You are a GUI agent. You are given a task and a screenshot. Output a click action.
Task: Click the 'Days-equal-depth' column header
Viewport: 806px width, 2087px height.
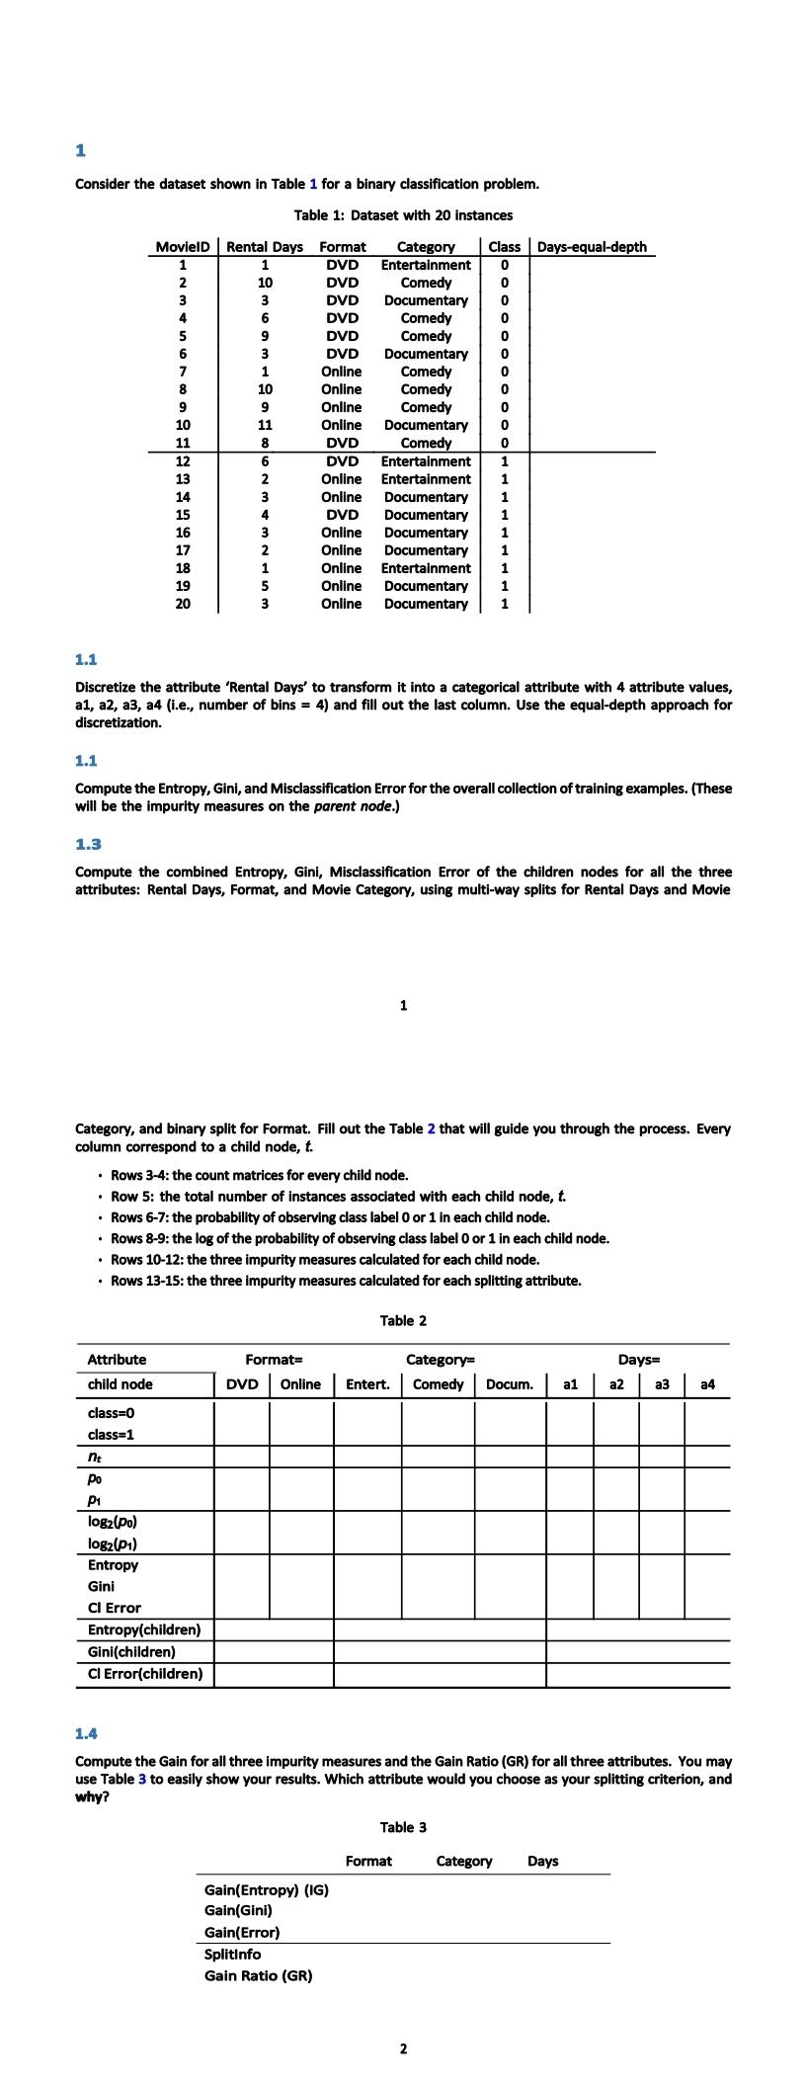coord(592,247)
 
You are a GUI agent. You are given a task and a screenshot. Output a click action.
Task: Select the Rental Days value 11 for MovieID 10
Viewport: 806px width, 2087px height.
coord(265,425)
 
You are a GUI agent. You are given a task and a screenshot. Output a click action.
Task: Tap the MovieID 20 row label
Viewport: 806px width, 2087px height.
coord(183,604)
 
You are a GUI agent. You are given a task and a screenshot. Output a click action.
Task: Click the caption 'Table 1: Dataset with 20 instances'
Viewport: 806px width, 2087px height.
coord(403,214)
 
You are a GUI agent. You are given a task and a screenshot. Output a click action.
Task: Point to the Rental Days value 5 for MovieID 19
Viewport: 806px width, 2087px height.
coord(265,586)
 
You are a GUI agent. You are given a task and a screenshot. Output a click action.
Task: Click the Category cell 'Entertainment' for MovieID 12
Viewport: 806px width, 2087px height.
coord(426,461)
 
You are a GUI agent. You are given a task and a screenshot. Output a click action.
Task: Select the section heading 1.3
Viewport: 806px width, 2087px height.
coord(88,844)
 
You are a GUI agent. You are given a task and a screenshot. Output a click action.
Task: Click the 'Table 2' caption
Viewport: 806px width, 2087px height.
coord(403,1320)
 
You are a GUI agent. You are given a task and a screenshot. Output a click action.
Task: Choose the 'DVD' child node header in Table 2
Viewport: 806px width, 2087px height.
coord(242,1384)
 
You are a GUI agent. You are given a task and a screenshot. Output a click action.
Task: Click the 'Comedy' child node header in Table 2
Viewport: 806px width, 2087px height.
coord(438,1384)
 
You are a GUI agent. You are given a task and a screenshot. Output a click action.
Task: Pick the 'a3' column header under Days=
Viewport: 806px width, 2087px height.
coord(662,1384)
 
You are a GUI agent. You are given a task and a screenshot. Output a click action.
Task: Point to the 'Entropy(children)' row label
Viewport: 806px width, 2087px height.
coord(144,1629)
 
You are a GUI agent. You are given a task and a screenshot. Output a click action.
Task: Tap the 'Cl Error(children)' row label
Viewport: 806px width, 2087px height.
coord(145,1673)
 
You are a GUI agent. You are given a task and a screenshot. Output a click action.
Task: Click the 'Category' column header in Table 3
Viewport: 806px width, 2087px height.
coord(464,1861)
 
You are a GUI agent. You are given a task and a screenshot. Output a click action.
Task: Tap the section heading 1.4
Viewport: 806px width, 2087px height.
coord(87,1732)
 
